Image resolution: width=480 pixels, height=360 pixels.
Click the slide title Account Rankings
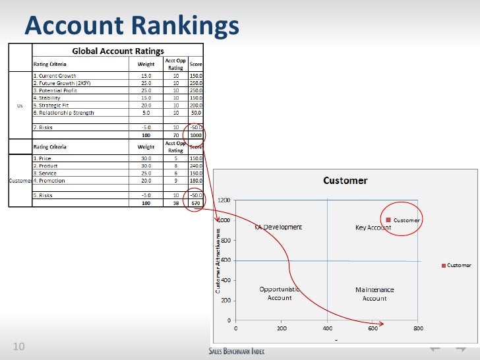click(x=132, y=26)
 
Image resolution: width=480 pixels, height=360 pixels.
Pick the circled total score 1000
click(x=196, y=135)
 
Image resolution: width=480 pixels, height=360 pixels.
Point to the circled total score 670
click(x=196, y=203)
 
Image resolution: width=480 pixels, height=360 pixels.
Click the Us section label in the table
click(x=20, y=105)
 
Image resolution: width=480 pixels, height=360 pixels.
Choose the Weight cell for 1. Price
click(x=146, y=159)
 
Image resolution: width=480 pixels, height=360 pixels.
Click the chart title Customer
click(x=345, y=181)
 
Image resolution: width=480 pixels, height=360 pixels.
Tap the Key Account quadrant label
click(x=373, y=227)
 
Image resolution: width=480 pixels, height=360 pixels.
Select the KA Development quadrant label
click(x=278, y=227)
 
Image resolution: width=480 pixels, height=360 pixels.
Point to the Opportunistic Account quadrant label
click(x=280, y=293)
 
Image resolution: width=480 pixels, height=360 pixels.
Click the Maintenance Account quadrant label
click(x=375, y=294)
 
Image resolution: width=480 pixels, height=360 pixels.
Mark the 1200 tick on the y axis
click(x=224, y=200)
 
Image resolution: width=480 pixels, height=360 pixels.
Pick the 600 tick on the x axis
click(x=373, y=328)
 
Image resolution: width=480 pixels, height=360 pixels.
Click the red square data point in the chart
click(x=389, y=220)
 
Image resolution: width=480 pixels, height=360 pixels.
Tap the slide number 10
click(x=18, y=347)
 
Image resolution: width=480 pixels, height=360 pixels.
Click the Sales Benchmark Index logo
click(x=236, y=351)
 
